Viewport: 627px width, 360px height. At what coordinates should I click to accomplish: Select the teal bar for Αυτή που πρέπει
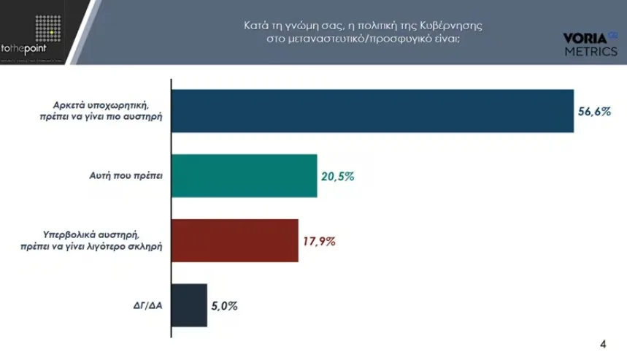point(244,175)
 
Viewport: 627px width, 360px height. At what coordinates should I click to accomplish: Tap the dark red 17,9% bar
point(234,240)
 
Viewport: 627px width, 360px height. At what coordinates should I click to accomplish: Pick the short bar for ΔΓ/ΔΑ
point(189,305)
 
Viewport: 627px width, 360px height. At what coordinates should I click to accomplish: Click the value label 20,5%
point(337,177)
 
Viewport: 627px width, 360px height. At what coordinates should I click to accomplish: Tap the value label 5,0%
point(225,306)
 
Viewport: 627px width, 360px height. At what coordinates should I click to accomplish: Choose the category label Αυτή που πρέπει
point(128,176)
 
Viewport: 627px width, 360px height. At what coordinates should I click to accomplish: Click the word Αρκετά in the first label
point(61,104)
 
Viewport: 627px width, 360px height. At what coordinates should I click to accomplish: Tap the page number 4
point(602,344)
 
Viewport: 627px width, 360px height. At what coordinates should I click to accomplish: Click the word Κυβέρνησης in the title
point(460,26)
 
